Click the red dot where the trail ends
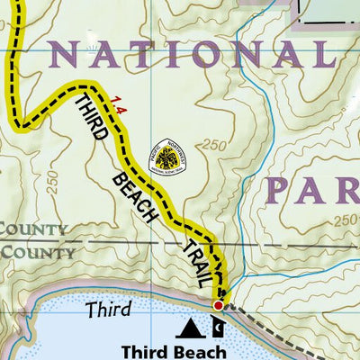tap(218, 306)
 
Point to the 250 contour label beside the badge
tap(214, 145)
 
